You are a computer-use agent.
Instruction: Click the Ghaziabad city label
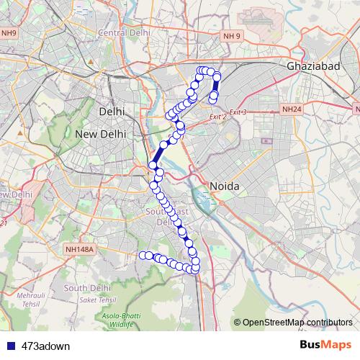point(313,66)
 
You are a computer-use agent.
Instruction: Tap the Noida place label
point(223,186)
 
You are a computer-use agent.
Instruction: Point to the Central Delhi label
point(123,33)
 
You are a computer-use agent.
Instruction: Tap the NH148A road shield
point(79,250)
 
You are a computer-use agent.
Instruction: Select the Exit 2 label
point(217,116)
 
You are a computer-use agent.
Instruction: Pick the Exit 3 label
point(238,112)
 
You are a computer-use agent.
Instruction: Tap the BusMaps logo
point(326,345)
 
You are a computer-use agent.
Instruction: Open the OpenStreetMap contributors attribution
point(297,322)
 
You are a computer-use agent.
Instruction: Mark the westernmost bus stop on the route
point(143,255)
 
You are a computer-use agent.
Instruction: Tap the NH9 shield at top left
point(9,33)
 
